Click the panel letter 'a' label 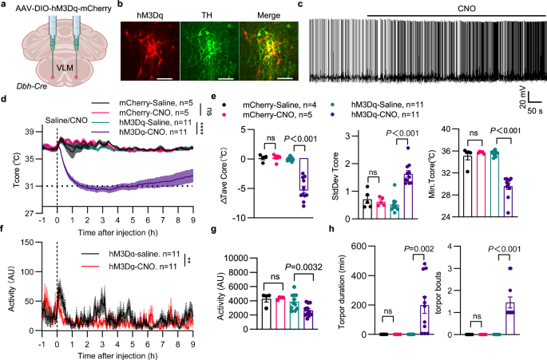coord(5,6)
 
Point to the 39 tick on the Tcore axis coord(26,131)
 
